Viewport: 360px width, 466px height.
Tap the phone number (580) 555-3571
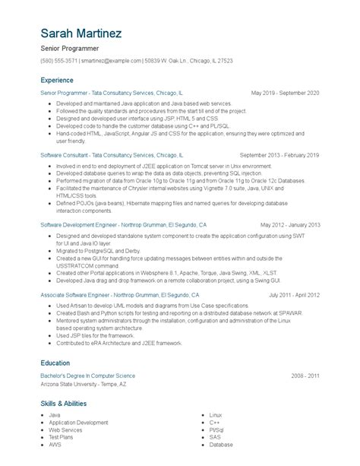(59, 60)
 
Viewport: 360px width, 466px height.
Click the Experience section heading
(58, 79)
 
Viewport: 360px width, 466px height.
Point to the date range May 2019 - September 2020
(285, 92)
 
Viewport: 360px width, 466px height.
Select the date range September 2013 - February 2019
(279, 154)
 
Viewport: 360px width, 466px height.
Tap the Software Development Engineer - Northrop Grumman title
(122, 225)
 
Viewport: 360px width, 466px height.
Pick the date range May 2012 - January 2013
(289, 225)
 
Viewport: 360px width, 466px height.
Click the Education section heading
(55, 363)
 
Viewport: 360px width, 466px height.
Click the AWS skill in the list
(55, 445)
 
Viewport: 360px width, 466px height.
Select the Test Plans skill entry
(62, 437)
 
